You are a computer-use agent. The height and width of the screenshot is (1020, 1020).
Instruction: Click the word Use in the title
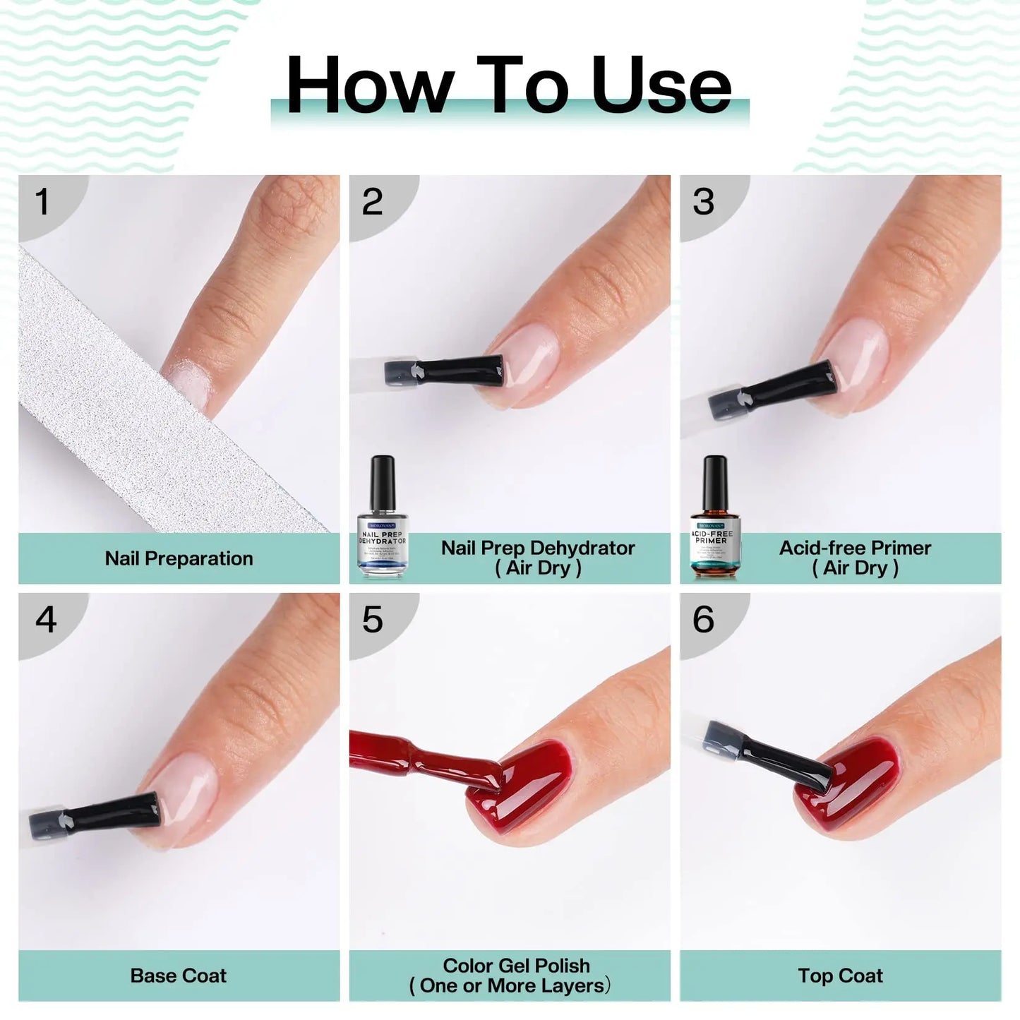(x=661, y=86)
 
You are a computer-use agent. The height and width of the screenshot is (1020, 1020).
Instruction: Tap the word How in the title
(x=369, y=86)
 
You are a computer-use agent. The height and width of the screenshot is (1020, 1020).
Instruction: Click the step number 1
(x=42, y=202)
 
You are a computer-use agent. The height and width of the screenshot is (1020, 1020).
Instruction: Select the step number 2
(x=372, y=202)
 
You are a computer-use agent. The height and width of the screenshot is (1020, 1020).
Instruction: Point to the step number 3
(x=703, y=202)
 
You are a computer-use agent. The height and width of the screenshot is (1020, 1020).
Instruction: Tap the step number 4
(x=46, y=620)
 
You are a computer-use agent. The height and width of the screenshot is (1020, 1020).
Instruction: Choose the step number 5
(x=372, y=620)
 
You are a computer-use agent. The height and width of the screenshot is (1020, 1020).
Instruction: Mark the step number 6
(x=703, y=620)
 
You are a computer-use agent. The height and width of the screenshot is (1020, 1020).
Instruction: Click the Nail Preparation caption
(x=179, y=558)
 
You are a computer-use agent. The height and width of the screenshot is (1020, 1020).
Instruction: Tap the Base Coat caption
(x=179, y=976)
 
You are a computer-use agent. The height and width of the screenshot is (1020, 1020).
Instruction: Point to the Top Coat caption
(x=840, y=976)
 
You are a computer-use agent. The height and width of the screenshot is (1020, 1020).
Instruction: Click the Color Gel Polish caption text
(x=515, y=976)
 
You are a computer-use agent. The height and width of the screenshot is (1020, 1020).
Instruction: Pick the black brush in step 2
(x=452, y=371)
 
